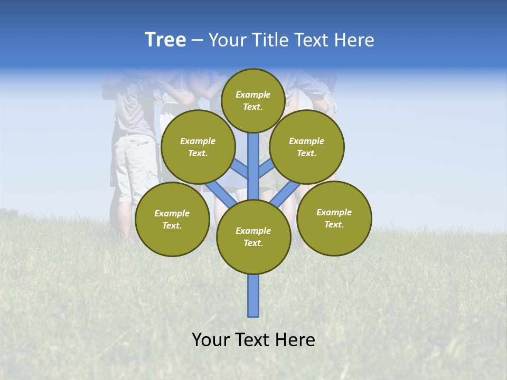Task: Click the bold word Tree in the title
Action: (165, 40)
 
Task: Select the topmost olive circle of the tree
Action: (253, 100)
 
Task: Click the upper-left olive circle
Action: (198, 147)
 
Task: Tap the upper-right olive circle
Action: (306, 147)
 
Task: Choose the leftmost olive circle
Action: (172, 219)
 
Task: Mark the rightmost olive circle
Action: (334, 218)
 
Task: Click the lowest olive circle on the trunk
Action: (253, 236)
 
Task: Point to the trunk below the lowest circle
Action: (253, 296)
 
